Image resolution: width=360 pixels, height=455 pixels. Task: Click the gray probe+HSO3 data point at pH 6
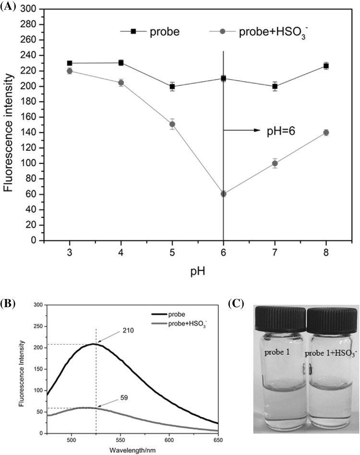pos(223,194)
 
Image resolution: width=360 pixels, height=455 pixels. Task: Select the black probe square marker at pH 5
pos(172,87)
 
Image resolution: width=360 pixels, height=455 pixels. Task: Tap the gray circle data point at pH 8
pos(326,132)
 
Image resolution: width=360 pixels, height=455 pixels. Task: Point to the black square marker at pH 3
pos(70,63)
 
